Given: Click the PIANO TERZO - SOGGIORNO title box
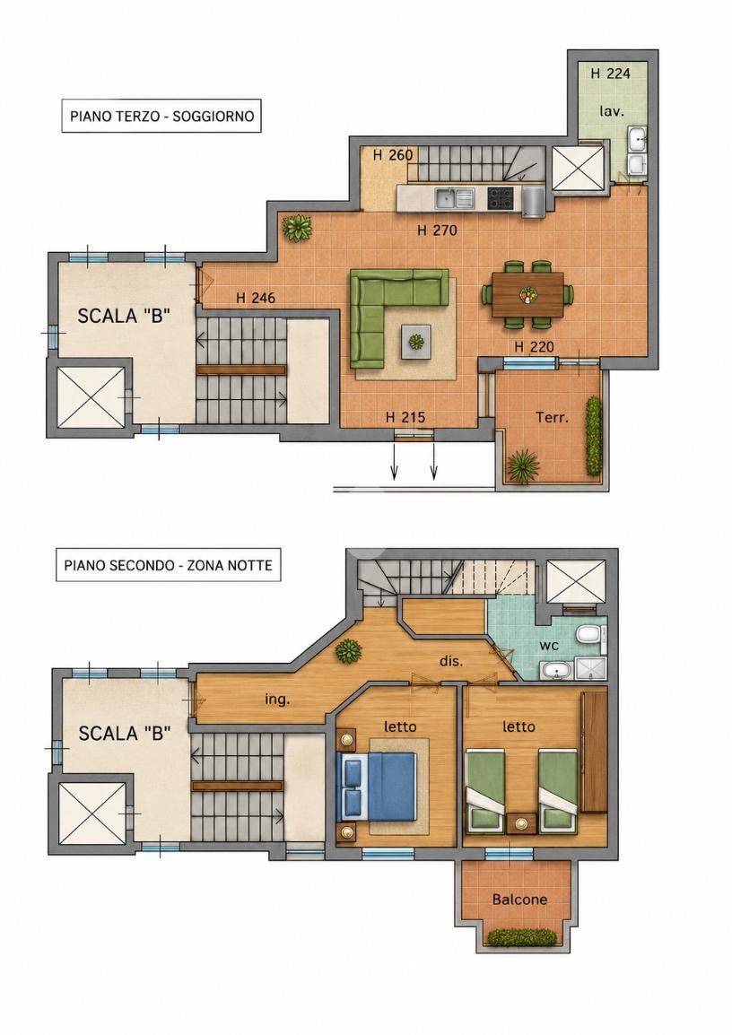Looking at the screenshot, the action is tap(161, 117).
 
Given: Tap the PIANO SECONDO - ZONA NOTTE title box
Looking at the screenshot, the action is tap(169, 565).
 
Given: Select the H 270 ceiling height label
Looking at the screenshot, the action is tap(437, 230).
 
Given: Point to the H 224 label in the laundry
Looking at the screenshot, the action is tap(610, 74).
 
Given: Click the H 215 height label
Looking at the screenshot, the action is tap(405, 417).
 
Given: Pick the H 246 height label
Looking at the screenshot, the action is tap(256, 299).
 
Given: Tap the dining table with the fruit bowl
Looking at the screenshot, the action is tap(527, 294).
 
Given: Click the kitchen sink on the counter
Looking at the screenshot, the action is tap(455, 197).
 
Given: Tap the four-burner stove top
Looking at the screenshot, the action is tap(500, 197).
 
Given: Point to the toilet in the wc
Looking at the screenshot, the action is tap(588, 635).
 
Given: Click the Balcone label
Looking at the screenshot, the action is tap(519, 899).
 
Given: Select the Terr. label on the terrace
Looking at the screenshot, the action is tap(552, 417).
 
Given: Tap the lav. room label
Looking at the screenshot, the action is tap(612, 111).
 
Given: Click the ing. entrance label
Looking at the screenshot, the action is tap(277, 699).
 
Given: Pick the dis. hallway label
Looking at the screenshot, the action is tap(451, 660).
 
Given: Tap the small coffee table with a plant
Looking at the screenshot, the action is tap(416, 342).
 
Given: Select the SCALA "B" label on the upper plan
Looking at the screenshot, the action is tap(124, 317).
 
